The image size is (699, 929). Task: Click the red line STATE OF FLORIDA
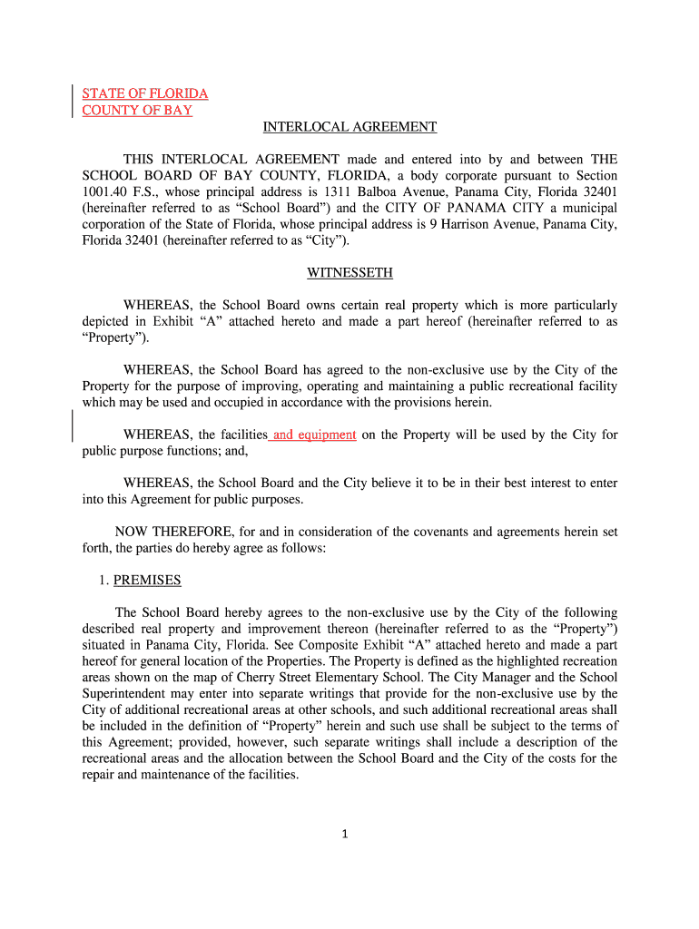click(x=145, y=93)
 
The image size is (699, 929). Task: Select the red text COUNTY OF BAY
click(x=137, y=110)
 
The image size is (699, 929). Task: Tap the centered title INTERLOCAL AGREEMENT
click(x=349, y=127)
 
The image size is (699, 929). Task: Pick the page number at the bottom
click(x=346, y=835)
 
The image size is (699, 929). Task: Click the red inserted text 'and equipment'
click(x=314, y=435)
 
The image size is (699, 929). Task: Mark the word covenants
click(x=416, y=532)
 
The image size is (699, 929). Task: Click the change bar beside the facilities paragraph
click(x=73, y=426)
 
